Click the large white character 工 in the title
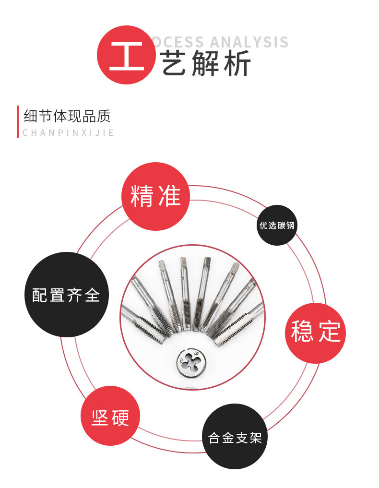pyautogui.click(x=127, y=56)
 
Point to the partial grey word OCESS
pyautogui.click(x=178, y=42)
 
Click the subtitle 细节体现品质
pyautogui.click(x=67, y=117)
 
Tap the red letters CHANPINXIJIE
pyautogui.click(x=68, y=133)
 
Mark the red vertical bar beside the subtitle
pyautogui.click(x=18, y=121)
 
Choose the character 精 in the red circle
pyautogui.click(x=142, y=196)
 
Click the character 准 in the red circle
pyautogui.click(x=169, y=196)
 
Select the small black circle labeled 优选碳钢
pyautogui.click(x=277, y=225)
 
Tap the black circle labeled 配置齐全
pyautogui.click(x=66, y=295)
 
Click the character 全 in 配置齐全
pyautogui.click(x=92, y=295)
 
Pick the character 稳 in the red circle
pyautogui.click(x=302, y=332)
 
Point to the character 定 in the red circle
pyautogui.click(x=330, y=332)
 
